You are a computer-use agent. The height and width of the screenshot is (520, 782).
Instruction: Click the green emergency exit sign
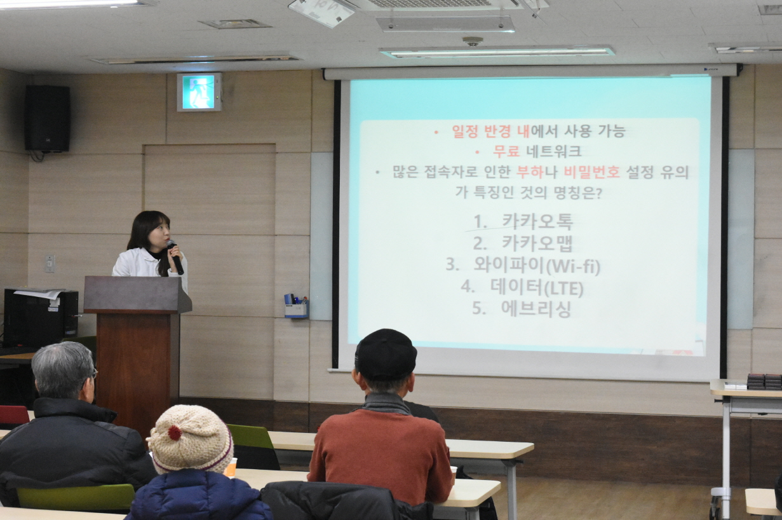[199, 92]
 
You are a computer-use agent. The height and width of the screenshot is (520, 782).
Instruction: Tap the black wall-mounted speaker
[47, 118]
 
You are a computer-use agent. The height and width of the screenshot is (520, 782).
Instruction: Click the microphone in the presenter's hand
[175, 257]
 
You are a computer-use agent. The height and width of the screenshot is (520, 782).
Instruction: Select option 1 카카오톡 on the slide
[523, 222]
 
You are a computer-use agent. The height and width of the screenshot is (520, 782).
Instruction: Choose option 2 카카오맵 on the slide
[523, 243]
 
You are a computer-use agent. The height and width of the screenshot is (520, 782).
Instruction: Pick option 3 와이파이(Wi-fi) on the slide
[523, 266]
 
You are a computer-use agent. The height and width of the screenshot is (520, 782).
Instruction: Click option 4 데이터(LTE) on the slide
[522, 287]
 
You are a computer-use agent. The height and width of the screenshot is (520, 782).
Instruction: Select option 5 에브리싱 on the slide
[522, 308]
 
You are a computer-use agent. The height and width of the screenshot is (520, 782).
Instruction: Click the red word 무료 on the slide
[506, 151]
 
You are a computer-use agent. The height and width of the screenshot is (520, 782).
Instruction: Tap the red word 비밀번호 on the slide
[591, 172]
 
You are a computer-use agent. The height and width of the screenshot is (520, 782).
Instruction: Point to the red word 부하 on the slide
[530, 172]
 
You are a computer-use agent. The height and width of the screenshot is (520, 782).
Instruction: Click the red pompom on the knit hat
[175, 433]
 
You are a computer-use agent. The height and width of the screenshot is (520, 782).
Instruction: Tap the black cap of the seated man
[386, 354]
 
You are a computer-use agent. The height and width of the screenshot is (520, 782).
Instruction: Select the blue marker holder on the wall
[297, 306]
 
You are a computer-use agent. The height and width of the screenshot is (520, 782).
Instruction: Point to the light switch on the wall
[50, 263]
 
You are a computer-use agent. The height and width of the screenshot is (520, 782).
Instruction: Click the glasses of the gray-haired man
[94, 374]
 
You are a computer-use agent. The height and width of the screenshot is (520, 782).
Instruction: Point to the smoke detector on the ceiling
[473, 41]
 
